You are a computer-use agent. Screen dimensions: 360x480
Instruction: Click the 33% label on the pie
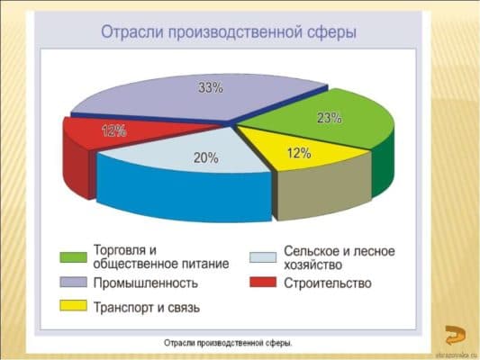pos(211,89)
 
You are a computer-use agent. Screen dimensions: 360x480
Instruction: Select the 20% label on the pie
pos(205,157)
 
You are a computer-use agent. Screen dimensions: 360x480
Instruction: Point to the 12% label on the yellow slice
pos(299,154)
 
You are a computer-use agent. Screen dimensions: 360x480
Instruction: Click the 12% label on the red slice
pos(114,131)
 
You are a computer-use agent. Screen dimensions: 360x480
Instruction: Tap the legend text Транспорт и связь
pos(147,307)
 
